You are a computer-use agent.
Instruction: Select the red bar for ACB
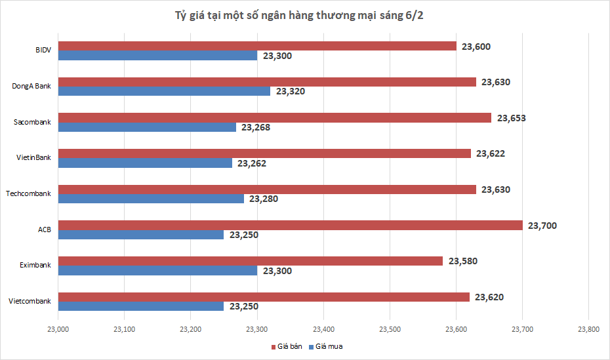point(290,225)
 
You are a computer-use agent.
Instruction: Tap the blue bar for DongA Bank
point(164,91)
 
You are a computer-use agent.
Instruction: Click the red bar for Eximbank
point(251,261)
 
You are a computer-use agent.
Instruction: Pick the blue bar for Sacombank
point(147,127)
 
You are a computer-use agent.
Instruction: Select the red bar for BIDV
point(257,46)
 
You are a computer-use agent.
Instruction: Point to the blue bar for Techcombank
point(151,199)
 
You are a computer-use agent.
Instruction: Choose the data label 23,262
point(252,163)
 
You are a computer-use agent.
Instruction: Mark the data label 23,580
point(463,261)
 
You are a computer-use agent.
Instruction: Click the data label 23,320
point(291,92)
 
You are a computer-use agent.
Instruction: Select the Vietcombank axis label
point(30,301)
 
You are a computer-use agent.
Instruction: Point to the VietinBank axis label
point(33,157)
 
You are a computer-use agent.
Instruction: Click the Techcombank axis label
point(28,193)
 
